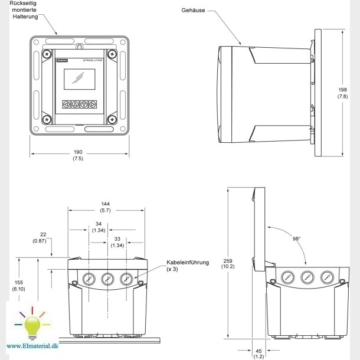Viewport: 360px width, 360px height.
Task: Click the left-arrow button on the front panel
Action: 66,104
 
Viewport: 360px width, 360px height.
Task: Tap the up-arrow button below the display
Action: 75,104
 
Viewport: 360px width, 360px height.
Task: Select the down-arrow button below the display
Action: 84,104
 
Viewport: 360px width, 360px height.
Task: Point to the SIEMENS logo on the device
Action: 61,60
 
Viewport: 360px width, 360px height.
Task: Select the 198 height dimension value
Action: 342,90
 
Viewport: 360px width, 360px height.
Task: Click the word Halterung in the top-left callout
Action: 26,17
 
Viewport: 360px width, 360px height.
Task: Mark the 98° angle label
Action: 295,239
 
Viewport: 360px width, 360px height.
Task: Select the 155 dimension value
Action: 19,283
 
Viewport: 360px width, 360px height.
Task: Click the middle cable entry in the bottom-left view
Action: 107,279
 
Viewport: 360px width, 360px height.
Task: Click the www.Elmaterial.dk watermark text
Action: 34,346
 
